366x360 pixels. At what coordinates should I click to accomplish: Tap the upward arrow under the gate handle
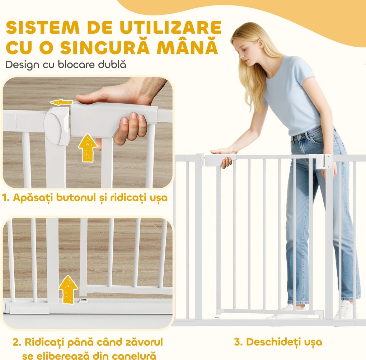pos(87,148)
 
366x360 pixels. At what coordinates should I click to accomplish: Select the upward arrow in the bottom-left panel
pos(68,289)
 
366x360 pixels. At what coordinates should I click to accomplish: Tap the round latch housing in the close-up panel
pos(57,124)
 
